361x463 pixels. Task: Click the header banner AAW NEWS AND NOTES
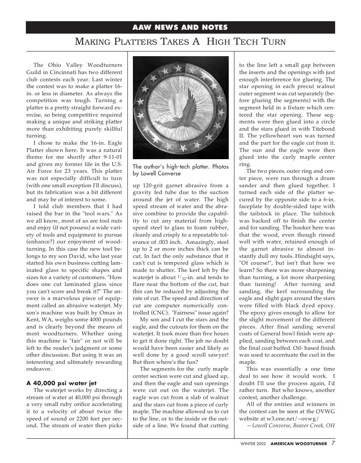[180, 28]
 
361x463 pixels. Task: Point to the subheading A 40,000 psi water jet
[59, 383]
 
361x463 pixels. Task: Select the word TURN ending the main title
[268, 42]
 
